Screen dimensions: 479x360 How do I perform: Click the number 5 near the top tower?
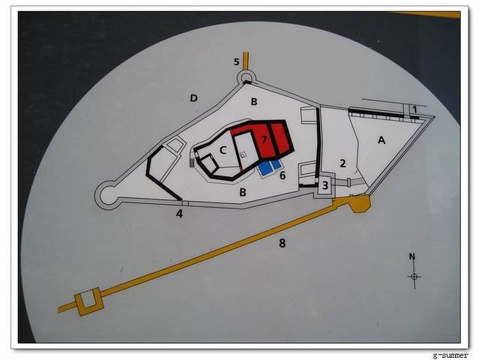pyautogui.click(x=236, y=61)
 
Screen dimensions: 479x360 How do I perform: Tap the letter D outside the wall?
pyautogui.click(x=193, y=98)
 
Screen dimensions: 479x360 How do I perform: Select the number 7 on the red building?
pyautogui.click(x=265, y=139)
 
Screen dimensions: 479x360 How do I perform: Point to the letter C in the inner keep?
pyautogui.click(x=223, y=150)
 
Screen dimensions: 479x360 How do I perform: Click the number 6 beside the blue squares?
pyautogui.click(x=283, y=175)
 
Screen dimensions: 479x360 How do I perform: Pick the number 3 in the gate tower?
pyautogui.click(x=325, y=185)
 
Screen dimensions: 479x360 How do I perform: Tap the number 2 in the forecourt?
pyautogui.click(x=343, y=163)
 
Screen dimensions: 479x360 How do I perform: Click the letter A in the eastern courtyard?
pyautogui.click(x=382, y=140)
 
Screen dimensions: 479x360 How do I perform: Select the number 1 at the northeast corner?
pyautogui.click(x=415, y=109)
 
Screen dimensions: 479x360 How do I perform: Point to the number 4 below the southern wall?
pyautogui.click(x=179, y=214)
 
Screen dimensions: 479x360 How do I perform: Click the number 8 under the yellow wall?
pyautogui.click(x=283, y=243)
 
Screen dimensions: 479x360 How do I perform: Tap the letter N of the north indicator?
pyautogui.click(x=412, y=256)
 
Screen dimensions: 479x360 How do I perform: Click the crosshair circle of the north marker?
pyautogui.click(x=415, y=277)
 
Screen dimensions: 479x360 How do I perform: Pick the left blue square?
pyautogui.click(x=265, y=168)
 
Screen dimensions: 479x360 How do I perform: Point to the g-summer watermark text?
pyautogui.click(x=451, y=355)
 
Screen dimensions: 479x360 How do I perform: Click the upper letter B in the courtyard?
pyautogui.click(x=254, y=102)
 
